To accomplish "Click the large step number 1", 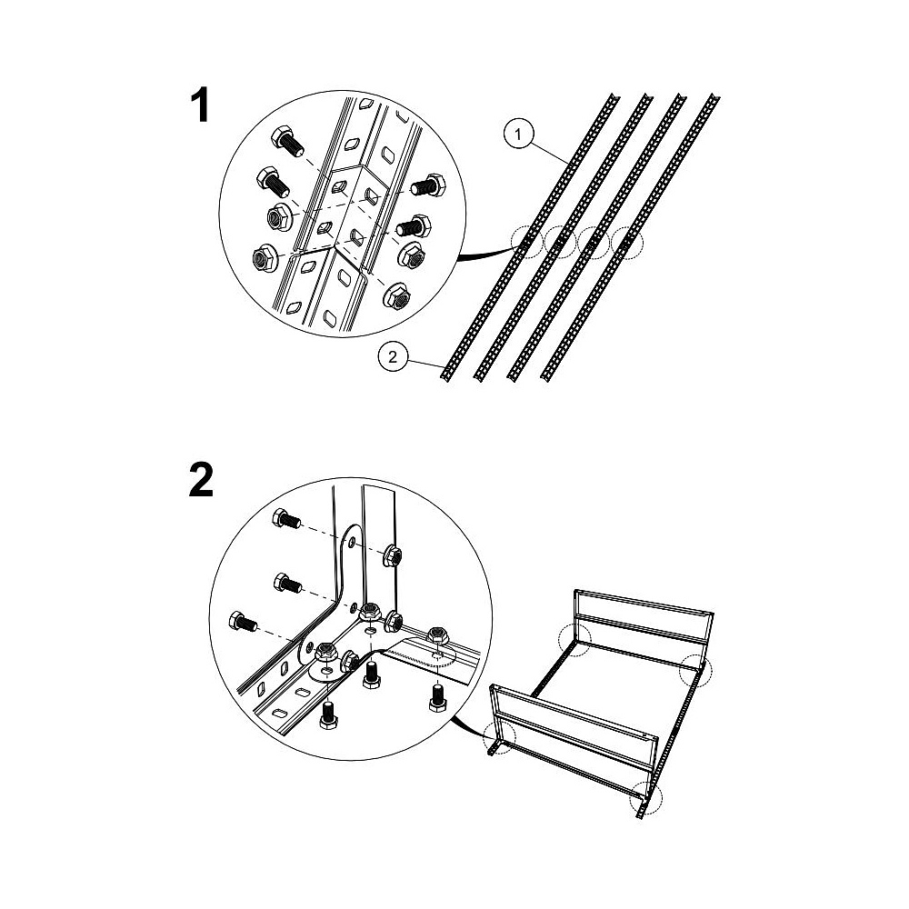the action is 200,105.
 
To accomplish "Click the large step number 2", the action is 201,479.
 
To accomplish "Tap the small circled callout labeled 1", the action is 518,135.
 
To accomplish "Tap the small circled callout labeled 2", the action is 393,356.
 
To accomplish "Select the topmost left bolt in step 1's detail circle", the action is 287,142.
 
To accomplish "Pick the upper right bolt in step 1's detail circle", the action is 428,185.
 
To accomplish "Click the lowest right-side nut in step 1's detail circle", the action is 398,296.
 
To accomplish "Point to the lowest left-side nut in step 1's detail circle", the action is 265,257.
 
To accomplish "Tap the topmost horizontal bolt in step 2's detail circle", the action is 285,518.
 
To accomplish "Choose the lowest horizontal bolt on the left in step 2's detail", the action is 244,622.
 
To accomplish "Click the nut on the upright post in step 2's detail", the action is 392,557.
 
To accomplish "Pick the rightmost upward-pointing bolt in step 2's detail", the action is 438,697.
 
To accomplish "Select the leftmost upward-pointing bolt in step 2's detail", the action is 329,714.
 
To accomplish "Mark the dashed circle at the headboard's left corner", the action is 574,640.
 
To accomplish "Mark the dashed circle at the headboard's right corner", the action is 695,670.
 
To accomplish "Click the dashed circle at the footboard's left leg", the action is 499,737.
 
